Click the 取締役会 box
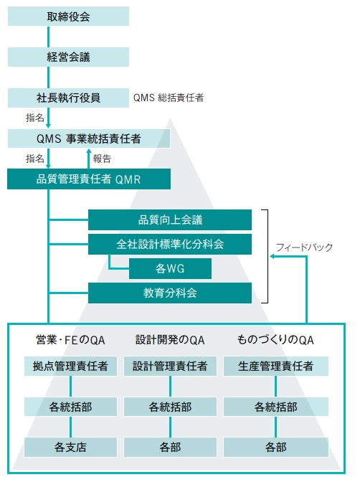click(x=68, y=16)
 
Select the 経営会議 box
click(x=68, y=57)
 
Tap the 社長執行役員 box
click(x=68, y=98)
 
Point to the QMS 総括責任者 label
click(x=169, y=98)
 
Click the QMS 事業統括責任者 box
click(x=89, y=138)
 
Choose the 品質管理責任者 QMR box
click(x=89, y=179)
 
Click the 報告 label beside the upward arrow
click(x=102, y=159)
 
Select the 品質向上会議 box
click(x=170, y=219)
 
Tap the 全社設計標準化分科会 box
click(x=170, y=244)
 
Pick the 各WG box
click(x=170, y=268)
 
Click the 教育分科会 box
click(x=170, y=293)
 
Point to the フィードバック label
click(x=304, y=247)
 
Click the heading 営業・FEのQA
click(x=71, y=340)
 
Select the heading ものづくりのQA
click(x=275, y=340)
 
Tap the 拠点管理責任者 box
click(x=71, y=366)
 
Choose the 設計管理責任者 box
click(x=170, y=366)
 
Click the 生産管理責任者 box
click(x=276, y=366)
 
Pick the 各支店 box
click(x=71, y=447)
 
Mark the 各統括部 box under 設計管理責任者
click(x=170, y=407)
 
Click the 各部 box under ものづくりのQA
click(x=276, y=447)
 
